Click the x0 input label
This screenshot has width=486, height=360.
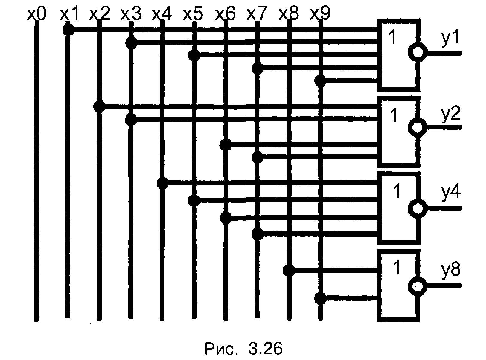pyautogui.click(x=36, y=14)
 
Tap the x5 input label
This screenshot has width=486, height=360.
pyautogui.click(x=193, y=14)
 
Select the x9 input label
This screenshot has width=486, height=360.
pyautogui.click(x=320, y=14)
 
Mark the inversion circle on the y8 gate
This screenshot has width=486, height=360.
pyautogui.click(x=417, y=286)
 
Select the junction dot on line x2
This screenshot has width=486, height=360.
pyautogui.click(x=99, y=106)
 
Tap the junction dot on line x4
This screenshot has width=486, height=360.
pyautogui.click(x=162, y=183)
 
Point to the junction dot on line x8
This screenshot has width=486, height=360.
pyautogui.click(x=289, y=271)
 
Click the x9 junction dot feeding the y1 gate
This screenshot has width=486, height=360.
pyautogui.click(x=320, y=81)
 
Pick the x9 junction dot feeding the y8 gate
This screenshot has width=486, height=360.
pyautogui.click(x=320, y=298)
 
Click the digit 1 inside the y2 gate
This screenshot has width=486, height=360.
pyautogui.click(x=394, y=115)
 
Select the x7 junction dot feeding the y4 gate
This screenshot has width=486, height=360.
pyautogui.click(x=257, y=234)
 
